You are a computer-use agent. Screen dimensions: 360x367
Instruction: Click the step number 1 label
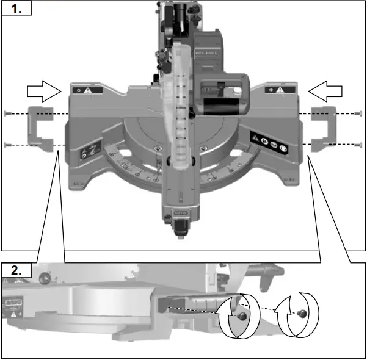coord(15,9)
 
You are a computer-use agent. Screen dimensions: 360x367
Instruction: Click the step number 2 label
coord(15,270)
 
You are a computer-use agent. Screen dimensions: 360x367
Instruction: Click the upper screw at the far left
coord(7,113)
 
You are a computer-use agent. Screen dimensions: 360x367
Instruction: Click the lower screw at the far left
coord(7,145)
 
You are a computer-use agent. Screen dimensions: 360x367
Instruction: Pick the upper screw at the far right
coord(359,113)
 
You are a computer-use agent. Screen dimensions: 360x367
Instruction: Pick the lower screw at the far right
coord(359,145)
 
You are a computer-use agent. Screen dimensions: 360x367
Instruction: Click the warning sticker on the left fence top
coord(84,90)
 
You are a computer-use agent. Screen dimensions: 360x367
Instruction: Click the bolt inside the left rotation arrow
coord(242,317)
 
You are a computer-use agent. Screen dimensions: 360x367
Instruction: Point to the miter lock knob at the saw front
coord(181,227)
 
